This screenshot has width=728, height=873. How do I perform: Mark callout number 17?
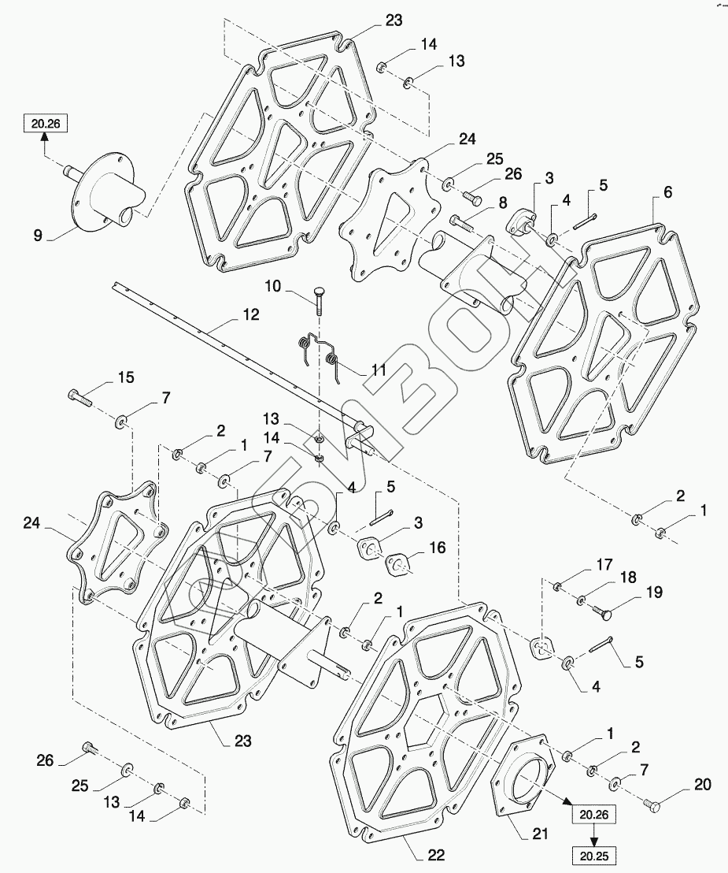pyautogui.click(x=604, y=563)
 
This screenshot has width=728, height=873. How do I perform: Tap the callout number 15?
pyautogui.click(x=125, y=377)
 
